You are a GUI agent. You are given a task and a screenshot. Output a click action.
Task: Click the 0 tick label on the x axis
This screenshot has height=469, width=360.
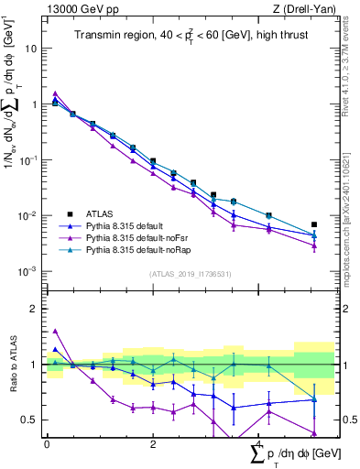pos(47,442)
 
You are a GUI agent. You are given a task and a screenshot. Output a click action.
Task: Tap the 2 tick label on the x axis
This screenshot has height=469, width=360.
pos(153,442)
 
